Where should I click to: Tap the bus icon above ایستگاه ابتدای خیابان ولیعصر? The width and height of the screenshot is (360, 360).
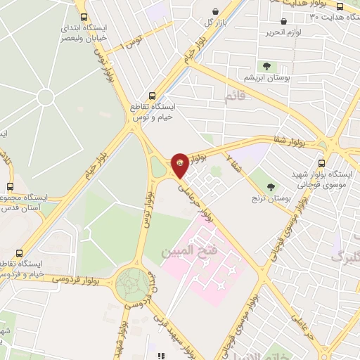(x=84, y=18)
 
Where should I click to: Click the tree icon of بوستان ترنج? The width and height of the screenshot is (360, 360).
(x=271, y=187)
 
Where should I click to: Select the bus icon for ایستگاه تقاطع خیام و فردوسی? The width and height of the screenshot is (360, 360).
(x=19, y=252)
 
